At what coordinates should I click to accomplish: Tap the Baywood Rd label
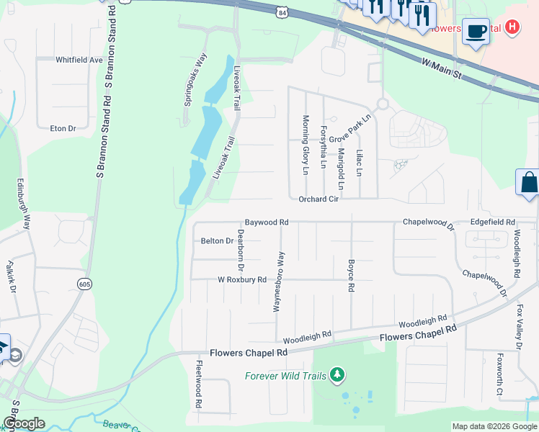click(x=266, y=222)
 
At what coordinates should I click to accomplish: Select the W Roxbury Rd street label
click(x=242, y=279)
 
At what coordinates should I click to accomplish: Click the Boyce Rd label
click(x=351, y=276)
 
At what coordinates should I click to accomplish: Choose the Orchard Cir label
click(x=318, y=199)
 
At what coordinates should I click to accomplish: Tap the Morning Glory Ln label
click(x=306, y=145)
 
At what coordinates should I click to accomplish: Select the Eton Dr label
click(x=63, y=128)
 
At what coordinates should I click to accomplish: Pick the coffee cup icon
click(x=475, y=31)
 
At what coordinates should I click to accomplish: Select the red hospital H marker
click(x=512, y=27)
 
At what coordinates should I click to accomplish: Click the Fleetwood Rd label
click(x=199, y=384)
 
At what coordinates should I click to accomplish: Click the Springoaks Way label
click(x=195, y=79)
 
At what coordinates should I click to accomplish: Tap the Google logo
click(x=24, y=423)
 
